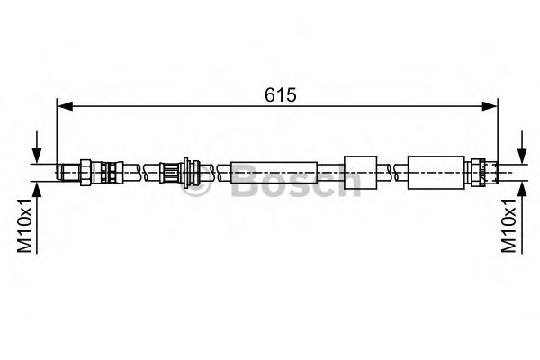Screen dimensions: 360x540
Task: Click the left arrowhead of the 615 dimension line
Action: point(64,106)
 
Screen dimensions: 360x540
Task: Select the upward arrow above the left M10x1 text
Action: point(36,191)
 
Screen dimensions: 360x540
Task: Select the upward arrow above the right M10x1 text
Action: point(521,191)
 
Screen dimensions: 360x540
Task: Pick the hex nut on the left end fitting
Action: point(85,169)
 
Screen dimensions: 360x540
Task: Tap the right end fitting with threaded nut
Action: point(482,169)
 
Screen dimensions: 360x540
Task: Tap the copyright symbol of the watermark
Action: point(196,187)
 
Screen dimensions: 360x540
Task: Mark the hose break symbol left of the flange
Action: point(143,169)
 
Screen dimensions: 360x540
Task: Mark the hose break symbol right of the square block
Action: point(389,169)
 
